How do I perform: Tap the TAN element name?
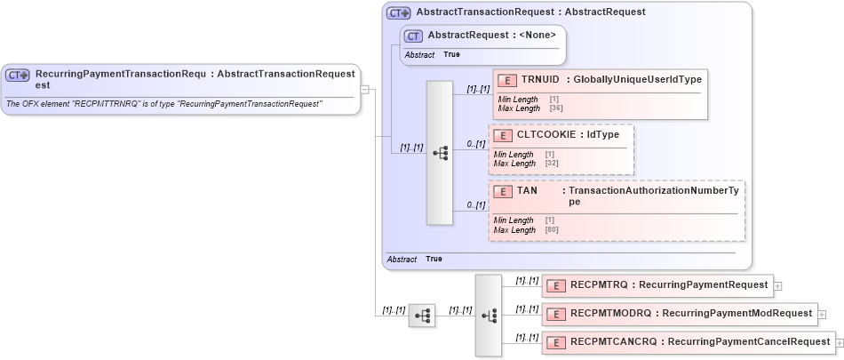coord(527,191)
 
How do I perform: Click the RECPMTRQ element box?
coord(657,285)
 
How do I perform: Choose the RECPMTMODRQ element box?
coord(679,313)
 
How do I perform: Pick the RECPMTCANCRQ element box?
coord(688,341)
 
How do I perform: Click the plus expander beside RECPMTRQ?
coord(778,286)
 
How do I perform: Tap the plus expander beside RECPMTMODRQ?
coord(822,314)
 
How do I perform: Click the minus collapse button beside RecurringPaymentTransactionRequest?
coord(364,89)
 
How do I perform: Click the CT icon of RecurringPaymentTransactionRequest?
coord(18,76)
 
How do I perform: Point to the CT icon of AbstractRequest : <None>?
coord(413,36)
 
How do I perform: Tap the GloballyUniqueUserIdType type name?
coord(637,80)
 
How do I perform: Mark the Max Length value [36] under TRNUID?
coord(557,108)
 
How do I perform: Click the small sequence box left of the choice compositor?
coord(422,315)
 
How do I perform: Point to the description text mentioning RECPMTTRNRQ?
coord(164,104)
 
